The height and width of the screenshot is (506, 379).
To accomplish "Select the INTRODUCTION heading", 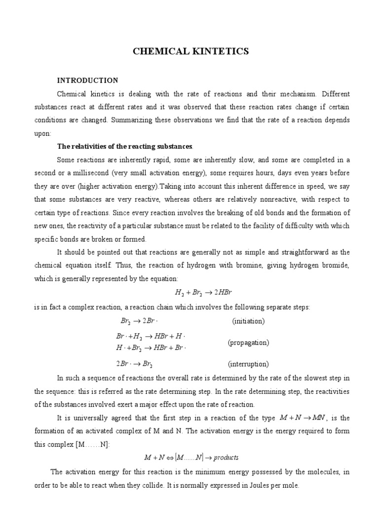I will pos(87,80).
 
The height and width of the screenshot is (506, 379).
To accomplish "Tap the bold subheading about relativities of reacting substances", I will pos(125,146).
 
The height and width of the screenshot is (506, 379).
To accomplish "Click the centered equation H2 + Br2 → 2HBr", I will pos(189,293).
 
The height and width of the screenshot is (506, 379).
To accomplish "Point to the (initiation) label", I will pos(248,321).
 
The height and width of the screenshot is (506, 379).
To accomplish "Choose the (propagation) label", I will pos(248,342).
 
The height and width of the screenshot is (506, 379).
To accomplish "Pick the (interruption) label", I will pos(248,364).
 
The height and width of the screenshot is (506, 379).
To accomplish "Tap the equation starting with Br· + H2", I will pos(151,337).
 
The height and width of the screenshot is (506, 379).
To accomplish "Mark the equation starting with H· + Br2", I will pos(151,348).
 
